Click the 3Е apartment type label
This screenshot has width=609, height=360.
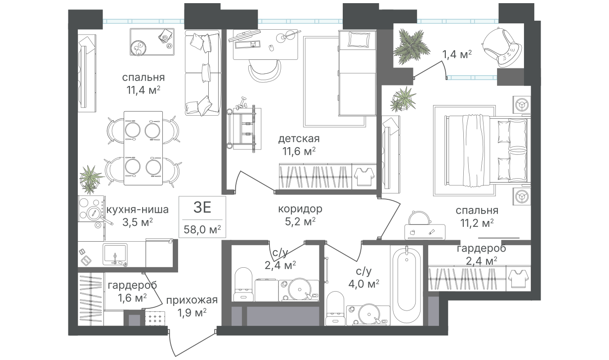tap(202, 208)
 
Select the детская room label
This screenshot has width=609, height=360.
tap(299, 139)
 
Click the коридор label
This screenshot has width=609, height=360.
tap(300, 209)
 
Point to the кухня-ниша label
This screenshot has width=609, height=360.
tap(137, 210)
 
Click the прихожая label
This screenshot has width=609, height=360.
tap(191, 300)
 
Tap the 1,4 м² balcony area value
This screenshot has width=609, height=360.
tap(457, 55)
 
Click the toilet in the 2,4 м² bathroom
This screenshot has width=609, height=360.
tap(243, 283)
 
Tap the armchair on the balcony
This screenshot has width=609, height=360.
tap(501, 45)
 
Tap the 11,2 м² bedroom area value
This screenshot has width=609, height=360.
tap(476, 222)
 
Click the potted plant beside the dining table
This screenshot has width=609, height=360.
tap(91, 176)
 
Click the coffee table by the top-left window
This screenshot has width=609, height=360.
tap(152, 41)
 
